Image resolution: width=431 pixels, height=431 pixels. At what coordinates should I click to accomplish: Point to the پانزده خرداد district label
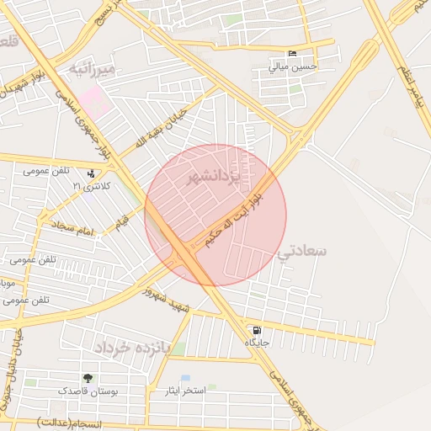[132, 347]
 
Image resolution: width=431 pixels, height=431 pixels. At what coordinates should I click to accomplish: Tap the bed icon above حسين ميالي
[292, 53]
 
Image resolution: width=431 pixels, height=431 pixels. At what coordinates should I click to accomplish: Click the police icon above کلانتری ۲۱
[91, 173]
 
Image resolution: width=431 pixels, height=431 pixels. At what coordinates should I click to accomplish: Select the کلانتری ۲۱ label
[90, 186]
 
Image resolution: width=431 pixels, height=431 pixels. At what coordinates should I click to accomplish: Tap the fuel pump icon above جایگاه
[256, 330]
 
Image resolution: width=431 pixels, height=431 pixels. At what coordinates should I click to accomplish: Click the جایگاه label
[256, 343]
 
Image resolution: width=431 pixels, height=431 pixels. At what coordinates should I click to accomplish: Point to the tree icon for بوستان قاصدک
[88, 379]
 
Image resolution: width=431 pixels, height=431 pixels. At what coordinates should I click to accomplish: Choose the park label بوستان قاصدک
[88, 391]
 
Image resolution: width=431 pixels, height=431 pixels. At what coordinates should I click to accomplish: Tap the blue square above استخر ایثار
[185, 379]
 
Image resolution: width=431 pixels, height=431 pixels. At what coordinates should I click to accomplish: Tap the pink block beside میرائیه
[96, 102]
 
